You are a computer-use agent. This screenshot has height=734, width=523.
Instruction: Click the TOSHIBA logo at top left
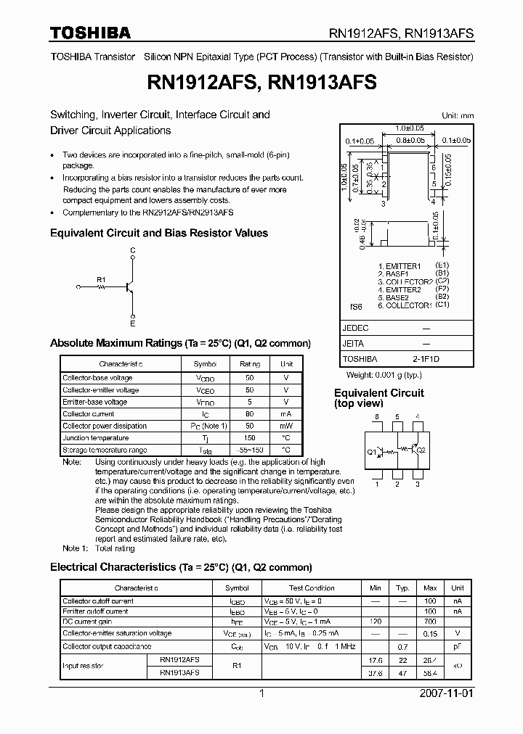[x=90, y=33]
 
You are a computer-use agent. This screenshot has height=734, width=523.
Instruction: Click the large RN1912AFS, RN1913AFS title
[x=261, y=83]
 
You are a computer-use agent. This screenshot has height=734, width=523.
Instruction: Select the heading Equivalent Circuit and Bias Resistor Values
[x=158, y=233]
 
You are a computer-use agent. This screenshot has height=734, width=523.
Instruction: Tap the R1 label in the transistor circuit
[x=101, y=279]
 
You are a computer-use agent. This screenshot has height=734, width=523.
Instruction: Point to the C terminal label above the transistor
[x=132, y=250]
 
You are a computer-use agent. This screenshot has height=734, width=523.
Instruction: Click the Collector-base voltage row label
[x=97, y=378]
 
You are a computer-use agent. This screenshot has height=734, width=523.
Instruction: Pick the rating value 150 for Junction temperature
[x=250, y=438]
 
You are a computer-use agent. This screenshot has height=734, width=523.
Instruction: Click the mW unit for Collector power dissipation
[x=286, y=426]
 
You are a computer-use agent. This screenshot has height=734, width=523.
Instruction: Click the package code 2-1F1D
[x=426, y=359]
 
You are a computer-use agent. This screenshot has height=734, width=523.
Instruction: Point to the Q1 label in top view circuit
[x=371, y=452]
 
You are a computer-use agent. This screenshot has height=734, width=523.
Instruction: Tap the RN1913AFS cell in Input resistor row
[x=179, y=672]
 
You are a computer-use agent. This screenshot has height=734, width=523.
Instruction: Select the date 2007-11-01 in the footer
[x=447, y=693]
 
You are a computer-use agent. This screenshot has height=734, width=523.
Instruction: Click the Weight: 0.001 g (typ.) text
[x=384, y=374]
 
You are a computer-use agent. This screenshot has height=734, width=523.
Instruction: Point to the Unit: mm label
[x=458, y=115]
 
